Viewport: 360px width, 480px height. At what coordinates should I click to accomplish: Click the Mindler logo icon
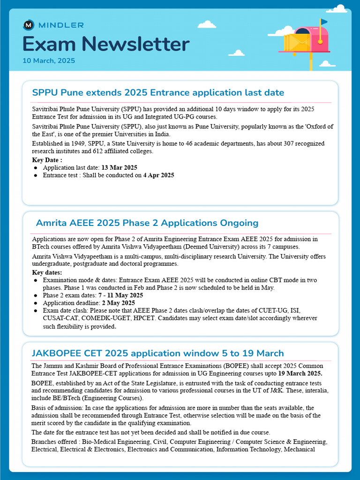[29, 25]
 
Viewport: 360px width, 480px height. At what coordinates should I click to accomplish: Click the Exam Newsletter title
[106, 45]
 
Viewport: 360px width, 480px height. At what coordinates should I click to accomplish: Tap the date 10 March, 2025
[49, 61]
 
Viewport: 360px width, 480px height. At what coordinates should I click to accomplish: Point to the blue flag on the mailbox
[324, 22]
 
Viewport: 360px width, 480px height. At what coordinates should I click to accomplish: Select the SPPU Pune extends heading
[158, 92]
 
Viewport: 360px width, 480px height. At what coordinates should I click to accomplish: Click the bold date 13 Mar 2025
[119, 167]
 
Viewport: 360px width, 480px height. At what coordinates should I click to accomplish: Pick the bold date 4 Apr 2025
[158, 175]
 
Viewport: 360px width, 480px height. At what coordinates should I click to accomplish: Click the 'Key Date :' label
[47, 160]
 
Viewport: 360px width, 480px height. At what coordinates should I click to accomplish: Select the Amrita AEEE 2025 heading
[147, 223]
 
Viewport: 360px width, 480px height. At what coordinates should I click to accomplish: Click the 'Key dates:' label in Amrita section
[47, 272]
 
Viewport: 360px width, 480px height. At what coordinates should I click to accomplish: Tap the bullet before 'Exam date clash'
[36, 311]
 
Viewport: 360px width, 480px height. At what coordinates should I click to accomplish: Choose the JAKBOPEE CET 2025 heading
[157, 353]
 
